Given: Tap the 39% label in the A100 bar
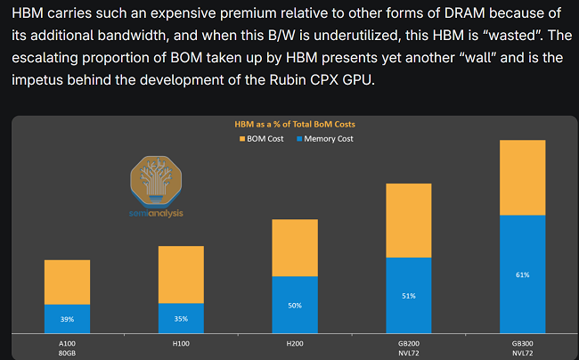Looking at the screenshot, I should pyautogui.click(x=67, y=319).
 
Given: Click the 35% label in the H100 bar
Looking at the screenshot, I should pyautogui.click(x=181, y=319).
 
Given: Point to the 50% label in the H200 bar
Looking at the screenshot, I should pyautogui.click(x=295, y=306).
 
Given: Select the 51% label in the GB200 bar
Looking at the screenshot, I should pyautogui.click(x=408, y=296).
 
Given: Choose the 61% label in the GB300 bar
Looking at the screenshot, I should pyautogui.click(x=522, y=274).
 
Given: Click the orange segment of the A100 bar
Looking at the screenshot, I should pyautogui.click(x=67, y=282).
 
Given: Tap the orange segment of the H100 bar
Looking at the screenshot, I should pyautogui.click(x=181, y=274).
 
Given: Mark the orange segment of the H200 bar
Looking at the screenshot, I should pyautogui.click(x=295, y=247).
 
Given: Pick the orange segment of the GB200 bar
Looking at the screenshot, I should pyautogui.click(x=408, y=220).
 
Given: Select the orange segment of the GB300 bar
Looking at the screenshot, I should pyautogui.click(x=522, y=177).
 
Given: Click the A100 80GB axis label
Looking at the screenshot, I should pyautogui.click(x=67, y=346).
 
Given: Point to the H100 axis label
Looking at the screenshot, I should pyautogui.click(x=181, y=341).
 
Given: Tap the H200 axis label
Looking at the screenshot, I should pyautogui.click(x=295, y=341).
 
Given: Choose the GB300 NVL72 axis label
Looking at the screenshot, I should pyautogui.click(x=522, y=346).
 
